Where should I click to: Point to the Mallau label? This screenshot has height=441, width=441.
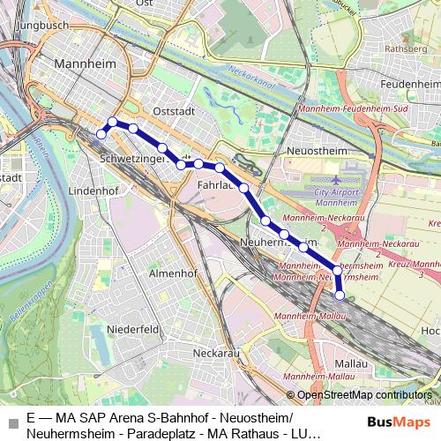(351, 363)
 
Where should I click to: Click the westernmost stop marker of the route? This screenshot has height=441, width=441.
(101, 133)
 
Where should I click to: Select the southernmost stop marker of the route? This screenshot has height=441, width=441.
(340, 295)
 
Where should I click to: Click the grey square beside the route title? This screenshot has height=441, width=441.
(12, 423)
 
